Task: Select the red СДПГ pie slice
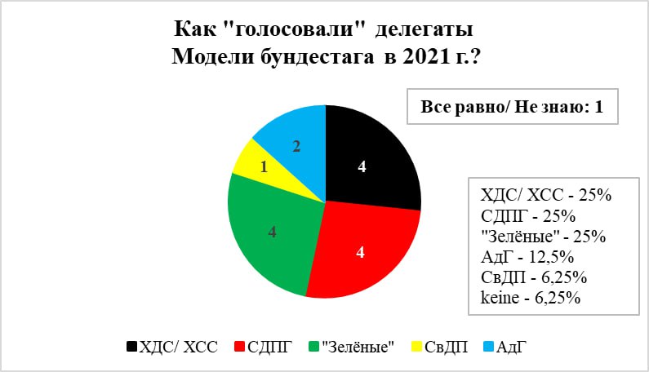click(364, 252)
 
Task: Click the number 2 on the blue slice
click(296, 147)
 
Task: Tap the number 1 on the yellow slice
click(264, 167)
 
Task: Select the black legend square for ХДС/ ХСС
click(131, 347)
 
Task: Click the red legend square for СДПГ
click(240, 347)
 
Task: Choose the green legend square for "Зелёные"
click(314, 347)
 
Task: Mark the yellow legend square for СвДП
click(416, 347)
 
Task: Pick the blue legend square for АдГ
click(489, 347)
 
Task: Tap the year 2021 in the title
click(423, 57)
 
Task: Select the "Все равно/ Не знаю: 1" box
click(513, 106)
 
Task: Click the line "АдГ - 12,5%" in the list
click(527, 257)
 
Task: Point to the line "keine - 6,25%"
click(530, 298)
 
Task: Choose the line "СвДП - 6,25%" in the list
click(534, 277)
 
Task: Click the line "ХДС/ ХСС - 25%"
click(545, 195)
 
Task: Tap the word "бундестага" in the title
click(317, 57)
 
